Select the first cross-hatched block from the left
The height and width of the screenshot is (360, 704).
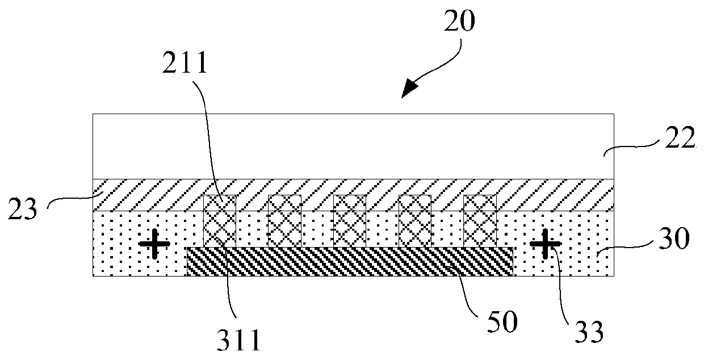click(x=219, y=221)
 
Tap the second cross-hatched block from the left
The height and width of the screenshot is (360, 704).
click(x=284, y=221)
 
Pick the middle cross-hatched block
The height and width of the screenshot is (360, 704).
click(x=350, y=221)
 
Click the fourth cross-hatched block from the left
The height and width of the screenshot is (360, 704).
click(x=415, y=221)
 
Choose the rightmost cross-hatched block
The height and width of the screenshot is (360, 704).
click(x=480, y=221)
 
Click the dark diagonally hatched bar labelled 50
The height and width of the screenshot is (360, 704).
click(x=350, y=262)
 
